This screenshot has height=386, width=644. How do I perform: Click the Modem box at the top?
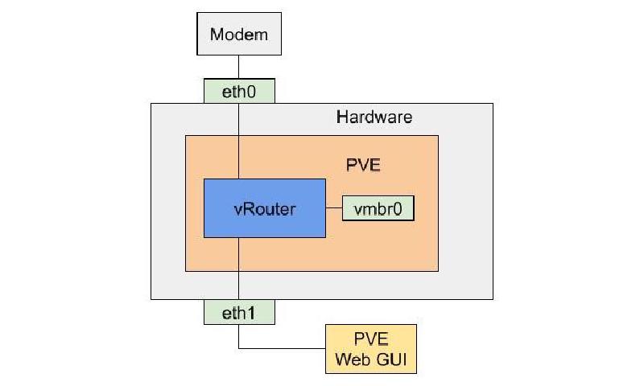tap(238, 35)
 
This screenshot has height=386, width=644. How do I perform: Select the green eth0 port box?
tap(238, 92)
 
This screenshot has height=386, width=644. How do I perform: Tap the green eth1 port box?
tap(238, 312)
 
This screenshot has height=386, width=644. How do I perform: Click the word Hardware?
tap(374, 117)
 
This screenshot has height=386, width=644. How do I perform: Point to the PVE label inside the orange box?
tap(362, 166)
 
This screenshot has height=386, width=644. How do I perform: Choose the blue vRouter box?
tap(265, 208)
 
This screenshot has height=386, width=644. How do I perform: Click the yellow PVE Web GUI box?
tap(371, 349)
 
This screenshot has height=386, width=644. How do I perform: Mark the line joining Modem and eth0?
tap(238, 68)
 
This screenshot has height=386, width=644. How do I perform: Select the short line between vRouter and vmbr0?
tap(334, 208)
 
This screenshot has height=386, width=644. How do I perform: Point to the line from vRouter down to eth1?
tap(238, 269)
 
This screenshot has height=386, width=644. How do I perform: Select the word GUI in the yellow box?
tap(390, 359)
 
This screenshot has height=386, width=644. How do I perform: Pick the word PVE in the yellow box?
tap(371, 339)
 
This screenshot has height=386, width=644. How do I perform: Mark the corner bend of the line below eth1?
tap(238, 349)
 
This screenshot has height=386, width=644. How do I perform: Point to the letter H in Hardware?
tap(341, 117)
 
